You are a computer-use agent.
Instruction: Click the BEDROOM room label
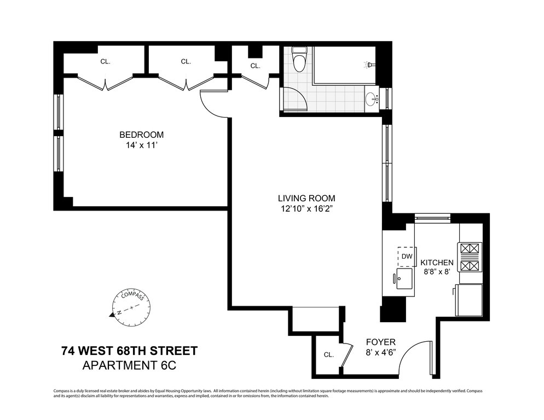141,135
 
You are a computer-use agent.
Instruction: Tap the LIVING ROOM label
306,199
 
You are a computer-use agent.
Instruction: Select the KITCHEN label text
437,262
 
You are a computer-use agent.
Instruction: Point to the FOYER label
380,342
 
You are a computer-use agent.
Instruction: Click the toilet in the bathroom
298,59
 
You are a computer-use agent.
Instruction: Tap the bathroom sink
372,98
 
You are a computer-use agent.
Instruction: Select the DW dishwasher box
407,256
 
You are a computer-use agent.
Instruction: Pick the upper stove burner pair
471,249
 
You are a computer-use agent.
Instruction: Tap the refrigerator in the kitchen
468,300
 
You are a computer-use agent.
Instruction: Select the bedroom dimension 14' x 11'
142,145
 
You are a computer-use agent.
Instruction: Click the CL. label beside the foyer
328,355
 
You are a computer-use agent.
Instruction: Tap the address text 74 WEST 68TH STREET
129,351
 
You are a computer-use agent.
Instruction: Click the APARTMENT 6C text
129,365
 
